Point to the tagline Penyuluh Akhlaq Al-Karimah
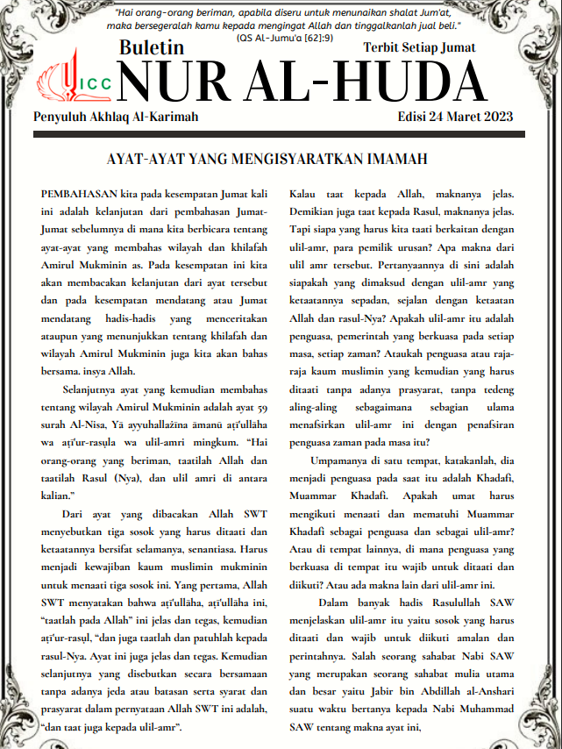[116, 117]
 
